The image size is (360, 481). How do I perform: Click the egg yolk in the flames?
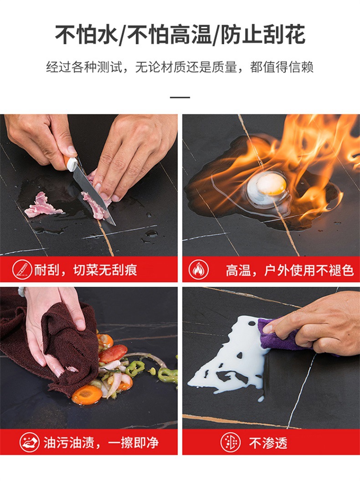click(272, 184)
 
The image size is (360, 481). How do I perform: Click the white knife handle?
click(71, 163)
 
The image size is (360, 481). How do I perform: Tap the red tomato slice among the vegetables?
click(113, 352)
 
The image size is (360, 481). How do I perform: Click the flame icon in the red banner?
click(199, 269)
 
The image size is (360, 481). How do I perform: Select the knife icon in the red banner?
click(21, 269)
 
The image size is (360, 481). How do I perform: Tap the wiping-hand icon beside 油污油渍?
click(29, 442)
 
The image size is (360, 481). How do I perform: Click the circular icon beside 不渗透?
click(231, 442)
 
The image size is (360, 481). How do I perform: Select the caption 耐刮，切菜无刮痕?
click(86, 270)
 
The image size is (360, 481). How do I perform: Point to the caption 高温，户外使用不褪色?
click(290, 270)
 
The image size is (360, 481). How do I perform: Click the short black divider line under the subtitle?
click(180, 97)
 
